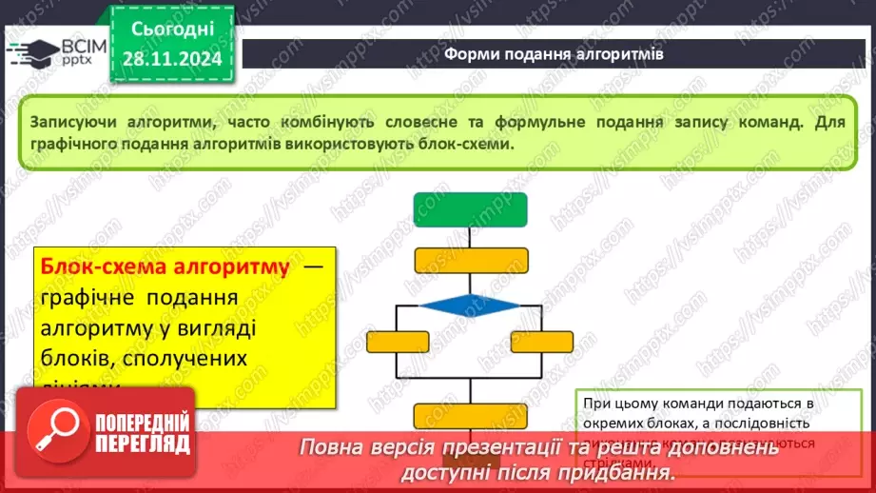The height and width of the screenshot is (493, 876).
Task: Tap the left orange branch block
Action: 399,341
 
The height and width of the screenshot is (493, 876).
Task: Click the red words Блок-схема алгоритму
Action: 164,268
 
